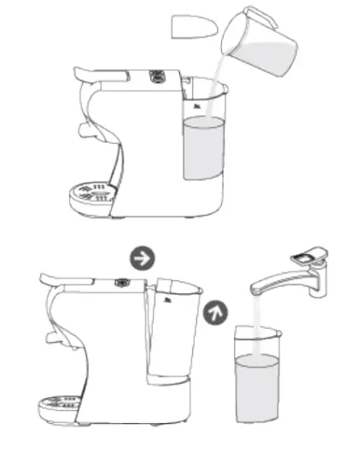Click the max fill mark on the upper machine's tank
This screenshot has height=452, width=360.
[196, 105]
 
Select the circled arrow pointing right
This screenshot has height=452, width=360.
[142, 257]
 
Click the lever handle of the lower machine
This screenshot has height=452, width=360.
[58, 288]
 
